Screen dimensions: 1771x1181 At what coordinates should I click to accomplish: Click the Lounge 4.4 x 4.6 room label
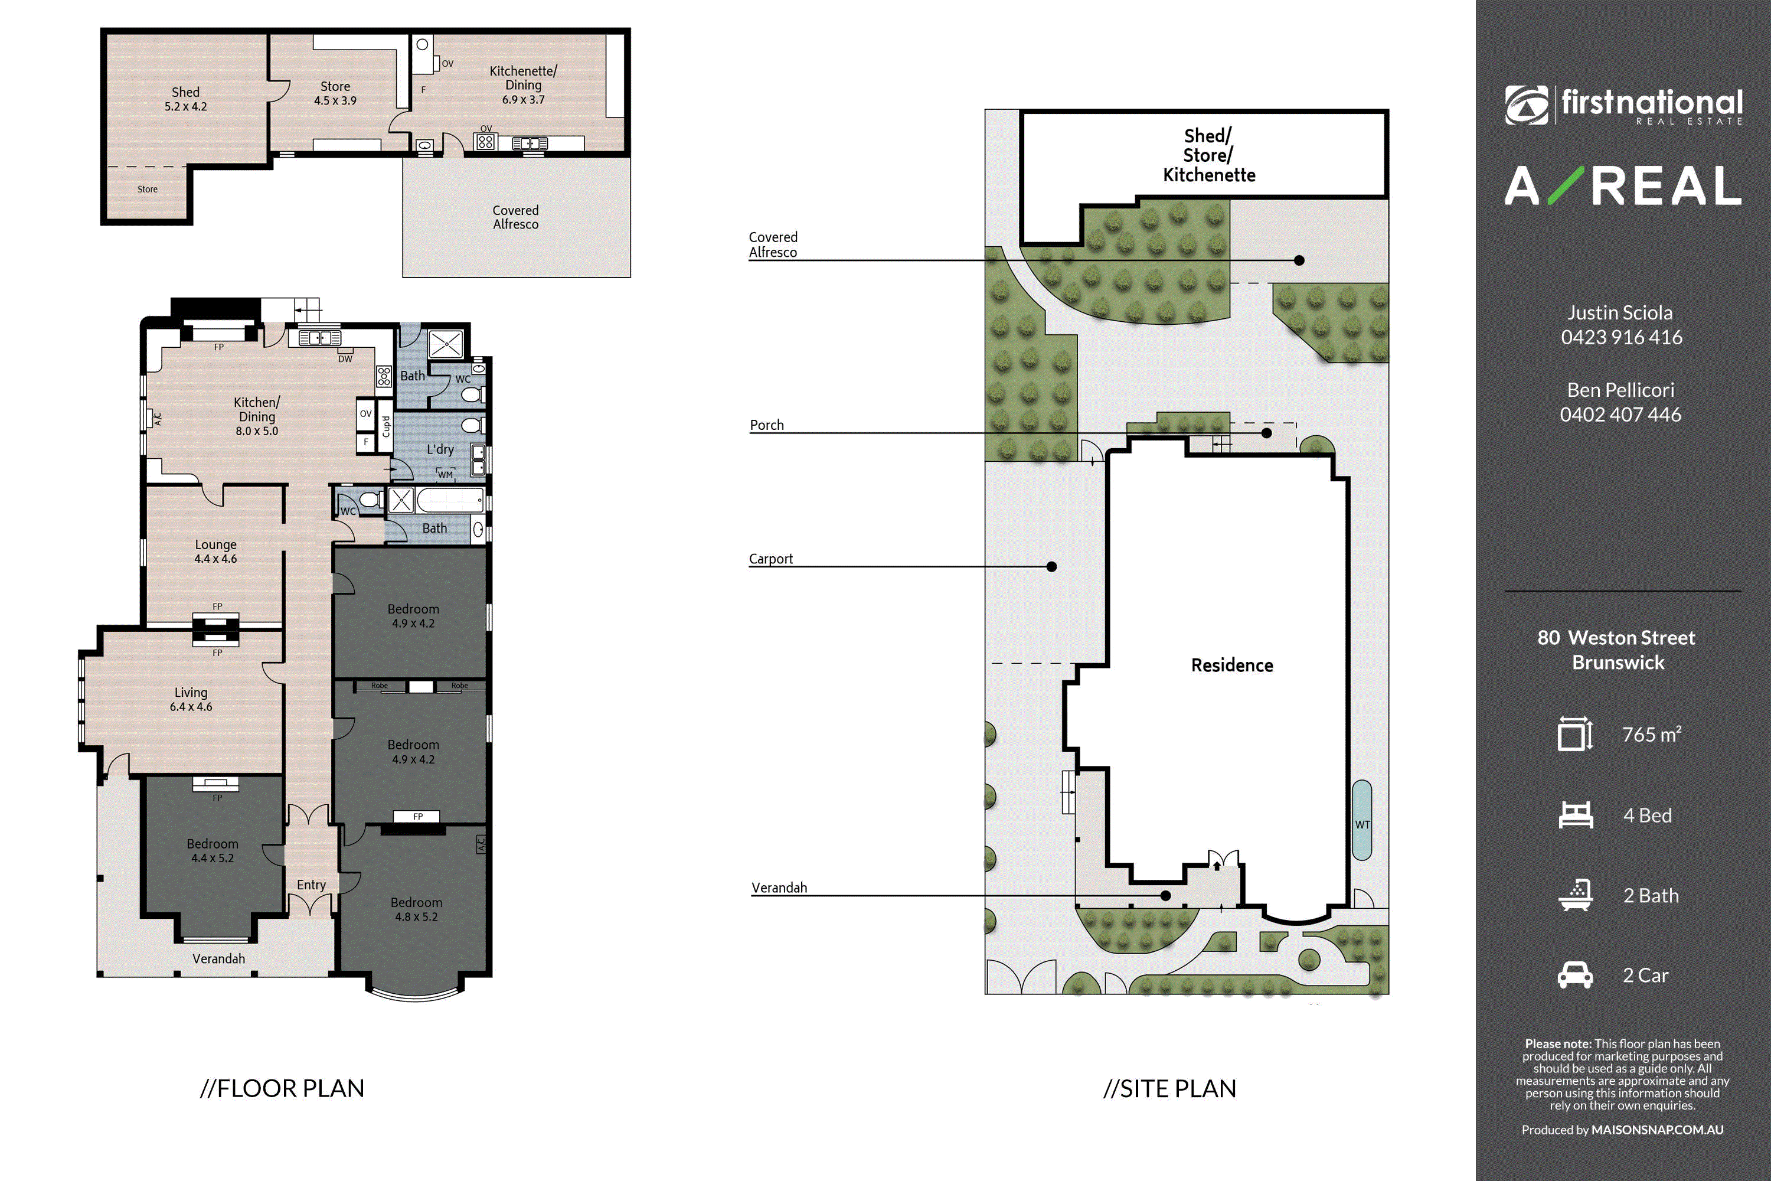pyautogui.click(x=216, y=552)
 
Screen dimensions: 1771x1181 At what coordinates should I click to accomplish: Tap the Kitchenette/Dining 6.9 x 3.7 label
pyautogui.click(x=523, y=85)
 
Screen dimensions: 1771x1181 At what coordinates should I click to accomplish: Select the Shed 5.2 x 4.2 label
pyautogui.click(x=186, y=99)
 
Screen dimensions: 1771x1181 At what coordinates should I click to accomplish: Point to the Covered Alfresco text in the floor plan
pyautogui.click(x=516, y=217)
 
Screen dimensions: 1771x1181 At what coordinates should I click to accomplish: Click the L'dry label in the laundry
pyautogui.click(x=440, y=449)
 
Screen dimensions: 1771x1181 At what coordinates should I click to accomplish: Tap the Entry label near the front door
pyautogui.click(x=311, y=885)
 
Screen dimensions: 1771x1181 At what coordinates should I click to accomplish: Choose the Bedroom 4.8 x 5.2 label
pyautogui.click(x=416, y=909)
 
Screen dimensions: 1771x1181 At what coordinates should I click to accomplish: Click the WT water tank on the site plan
pyautogui.click(x=1362, y=820)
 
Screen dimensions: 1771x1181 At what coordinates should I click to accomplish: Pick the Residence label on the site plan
pyautogui.click(x=1232, y=665)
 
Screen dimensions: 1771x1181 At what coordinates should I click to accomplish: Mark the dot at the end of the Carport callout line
pyautogui.click(x=1052, y=566)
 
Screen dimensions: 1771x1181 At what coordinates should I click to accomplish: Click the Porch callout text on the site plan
pyautogui.click(x=766, y=425)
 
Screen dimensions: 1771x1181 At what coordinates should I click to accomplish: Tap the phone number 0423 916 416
pyautogui.click(x=1621, y=337)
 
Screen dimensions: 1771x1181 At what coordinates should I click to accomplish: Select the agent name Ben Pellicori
pyautogui.click(x=1620, y=390)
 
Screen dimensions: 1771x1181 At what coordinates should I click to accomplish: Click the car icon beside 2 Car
pyautogui.click(x=1575, y=975)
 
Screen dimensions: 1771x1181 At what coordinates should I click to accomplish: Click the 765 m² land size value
pyautogui.click(x=1651, y=735)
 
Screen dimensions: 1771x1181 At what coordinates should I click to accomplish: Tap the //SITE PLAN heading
pyautogui.click(x=1169, y=1088)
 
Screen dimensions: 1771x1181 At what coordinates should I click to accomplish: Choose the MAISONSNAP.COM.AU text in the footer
pyautogui.click(x=1657, y=1130)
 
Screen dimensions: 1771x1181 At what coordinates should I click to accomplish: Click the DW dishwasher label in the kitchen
pyautogui.click(x=345, y=359)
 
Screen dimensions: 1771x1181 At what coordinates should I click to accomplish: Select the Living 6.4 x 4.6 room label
pyautogui.click(x=191, y=699)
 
